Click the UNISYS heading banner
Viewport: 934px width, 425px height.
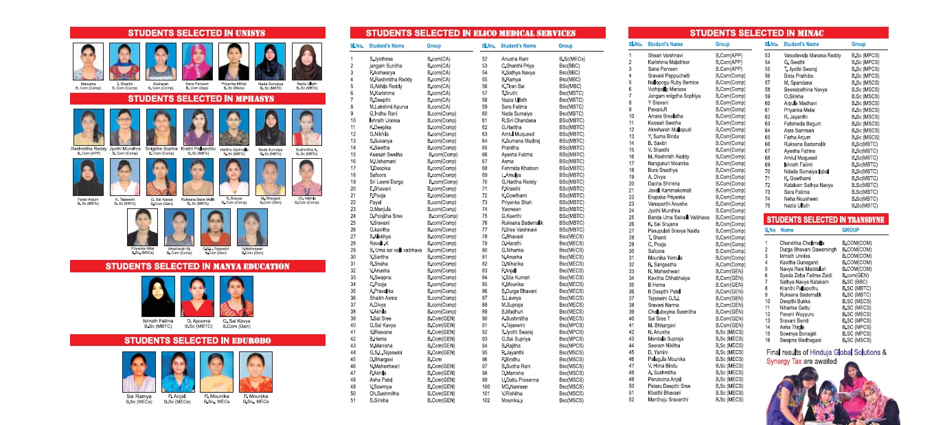point(196,33)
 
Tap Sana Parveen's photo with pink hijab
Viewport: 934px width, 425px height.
point(197,62)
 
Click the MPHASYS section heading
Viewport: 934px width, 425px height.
point(196,99)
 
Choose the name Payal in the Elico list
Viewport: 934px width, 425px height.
point(375,203)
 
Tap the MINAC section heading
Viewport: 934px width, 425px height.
point(756,33)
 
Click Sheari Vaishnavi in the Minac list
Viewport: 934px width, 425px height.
point(664,55)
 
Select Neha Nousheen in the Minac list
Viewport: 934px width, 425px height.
point(801,198)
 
